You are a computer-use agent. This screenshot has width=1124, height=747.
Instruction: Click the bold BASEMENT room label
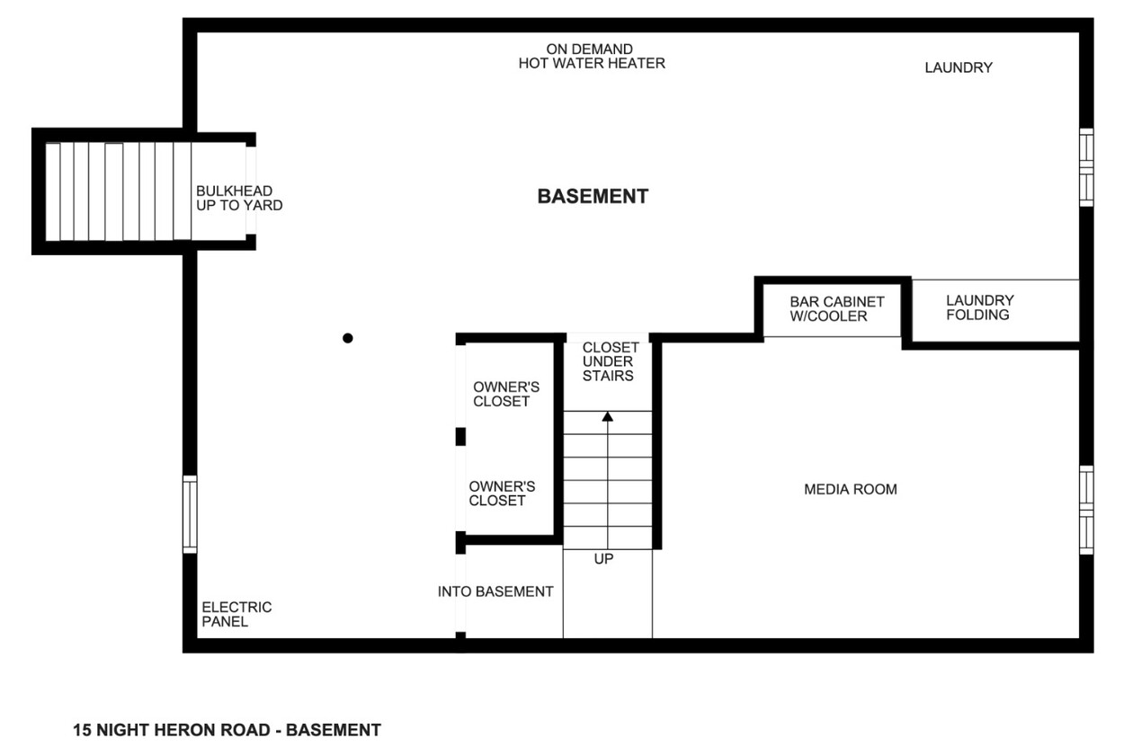tap(593, 196)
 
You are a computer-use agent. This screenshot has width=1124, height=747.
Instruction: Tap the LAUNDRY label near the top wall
tap(959, 67)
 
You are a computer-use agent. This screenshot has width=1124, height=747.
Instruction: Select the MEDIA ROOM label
tap(851, 489)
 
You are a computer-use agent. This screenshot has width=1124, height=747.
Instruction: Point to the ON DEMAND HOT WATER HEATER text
tap(592, 57)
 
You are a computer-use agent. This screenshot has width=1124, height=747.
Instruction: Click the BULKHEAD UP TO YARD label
tap(239, 198)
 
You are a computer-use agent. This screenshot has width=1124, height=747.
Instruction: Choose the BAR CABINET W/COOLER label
tap(837, 309)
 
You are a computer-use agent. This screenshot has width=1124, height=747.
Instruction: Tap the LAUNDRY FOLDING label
tap(980, 307)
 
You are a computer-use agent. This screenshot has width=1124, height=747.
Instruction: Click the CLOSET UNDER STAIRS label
tap(611, 361)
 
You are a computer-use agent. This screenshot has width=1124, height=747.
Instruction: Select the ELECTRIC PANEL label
tap(236, 615)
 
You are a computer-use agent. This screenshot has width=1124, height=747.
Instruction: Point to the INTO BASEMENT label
tap(495, 592)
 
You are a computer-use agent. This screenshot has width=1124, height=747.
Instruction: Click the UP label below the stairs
tap(603, 559)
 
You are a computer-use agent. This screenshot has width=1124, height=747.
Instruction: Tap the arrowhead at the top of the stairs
tap(608, 416)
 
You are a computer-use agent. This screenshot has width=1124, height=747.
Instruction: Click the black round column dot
tap(348, 338)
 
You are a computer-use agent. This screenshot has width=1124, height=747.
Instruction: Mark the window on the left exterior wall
tap(190, 515)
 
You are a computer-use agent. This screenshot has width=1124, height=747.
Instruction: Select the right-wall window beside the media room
tap(1086, 511)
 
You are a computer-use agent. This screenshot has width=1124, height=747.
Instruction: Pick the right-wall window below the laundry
tap(1086, 167)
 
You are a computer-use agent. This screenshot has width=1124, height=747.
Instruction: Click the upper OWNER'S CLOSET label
tap(505, 395)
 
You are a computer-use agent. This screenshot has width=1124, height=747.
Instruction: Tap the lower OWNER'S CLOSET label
tap(502, 494)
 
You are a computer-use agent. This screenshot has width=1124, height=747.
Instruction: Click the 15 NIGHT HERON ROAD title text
tap(227, 730)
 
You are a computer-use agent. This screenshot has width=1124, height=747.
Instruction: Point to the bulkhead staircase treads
tap(119, 191)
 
